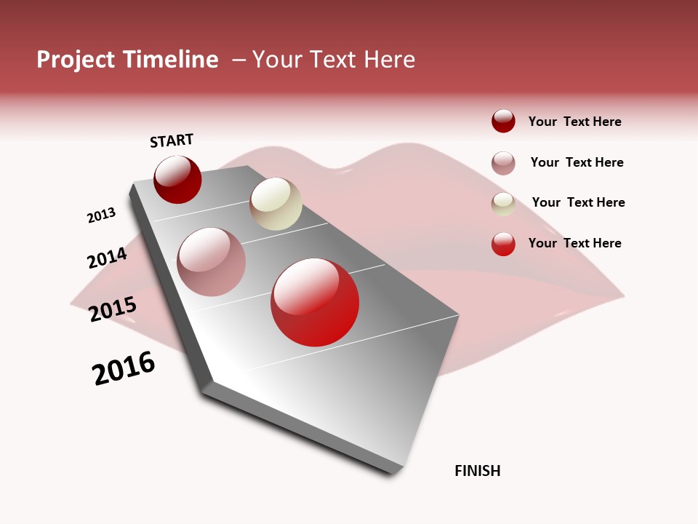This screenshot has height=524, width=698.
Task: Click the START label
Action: click(172, 140)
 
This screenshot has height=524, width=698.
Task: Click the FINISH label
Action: click(478, 471)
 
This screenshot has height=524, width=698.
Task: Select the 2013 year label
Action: click(101, 215)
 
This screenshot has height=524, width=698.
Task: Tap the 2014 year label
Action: click(107, 258)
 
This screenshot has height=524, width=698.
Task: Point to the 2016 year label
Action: click(124, 368)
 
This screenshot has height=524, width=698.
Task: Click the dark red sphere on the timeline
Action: click(177, 180)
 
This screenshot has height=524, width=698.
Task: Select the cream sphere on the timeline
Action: click(276, 204)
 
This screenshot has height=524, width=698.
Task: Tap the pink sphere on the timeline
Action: click(212, 262)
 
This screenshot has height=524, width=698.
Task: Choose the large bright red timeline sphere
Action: click(315, 302)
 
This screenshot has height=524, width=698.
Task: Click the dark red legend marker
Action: click(503, 122)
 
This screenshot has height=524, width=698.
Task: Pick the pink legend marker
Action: click(503, 163)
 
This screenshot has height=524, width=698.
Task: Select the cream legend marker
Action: click(503, 204)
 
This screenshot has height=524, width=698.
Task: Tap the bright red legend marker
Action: click(503, 244)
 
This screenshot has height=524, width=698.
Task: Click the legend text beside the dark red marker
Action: click(575, 122)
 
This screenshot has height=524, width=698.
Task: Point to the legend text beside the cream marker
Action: click(579, 202)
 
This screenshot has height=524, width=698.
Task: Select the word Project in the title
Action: click(76, 60)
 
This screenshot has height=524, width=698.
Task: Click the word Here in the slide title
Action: click(389, 60)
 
